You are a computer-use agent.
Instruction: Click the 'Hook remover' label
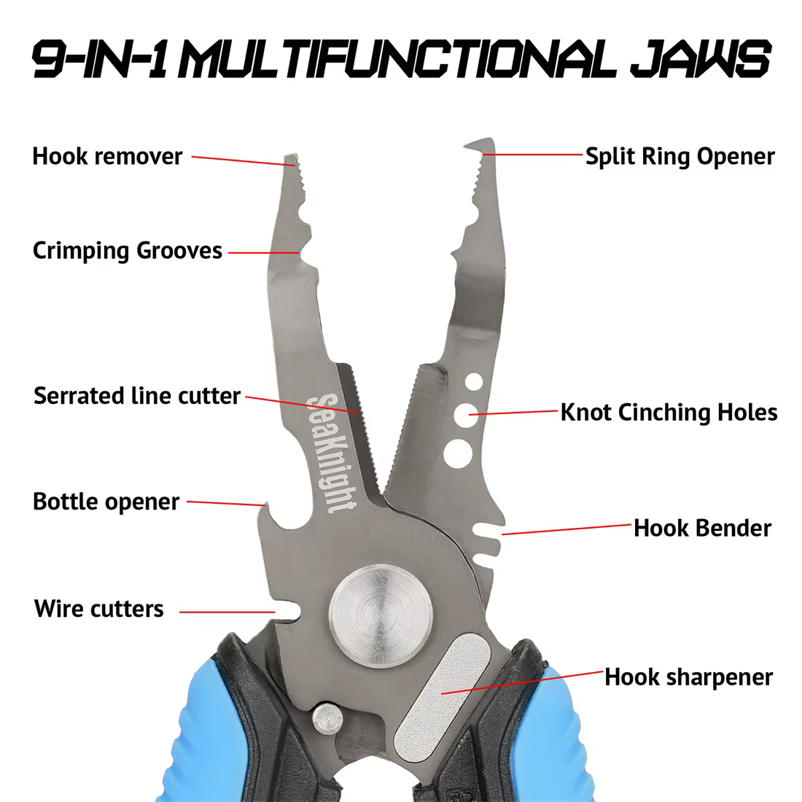(107, 156)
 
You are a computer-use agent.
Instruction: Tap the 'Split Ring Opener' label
(680, 157)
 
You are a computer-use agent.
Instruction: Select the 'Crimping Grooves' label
(128, 251)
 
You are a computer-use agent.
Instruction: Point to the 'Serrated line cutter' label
(137, 396)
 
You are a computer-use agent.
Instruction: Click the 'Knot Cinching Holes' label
(669, 413)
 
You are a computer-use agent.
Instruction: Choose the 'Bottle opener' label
(106, 502)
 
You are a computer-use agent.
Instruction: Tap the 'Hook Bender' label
(702, 528)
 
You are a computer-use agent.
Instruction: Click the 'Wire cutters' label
(98, 609)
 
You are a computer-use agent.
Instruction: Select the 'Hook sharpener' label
(688, 677)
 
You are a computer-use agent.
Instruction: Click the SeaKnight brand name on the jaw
(331, 453)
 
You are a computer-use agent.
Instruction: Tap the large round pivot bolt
(381, 615)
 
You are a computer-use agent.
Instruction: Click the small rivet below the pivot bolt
(328, 719)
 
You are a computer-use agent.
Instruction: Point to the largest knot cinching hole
(458, 453)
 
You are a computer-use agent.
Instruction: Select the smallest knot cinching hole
(474, 381)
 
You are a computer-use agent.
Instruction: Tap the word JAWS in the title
(700, 59)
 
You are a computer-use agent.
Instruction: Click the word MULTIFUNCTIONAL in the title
(397, 59)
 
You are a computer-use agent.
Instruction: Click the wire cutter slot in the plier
(287, 611)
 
